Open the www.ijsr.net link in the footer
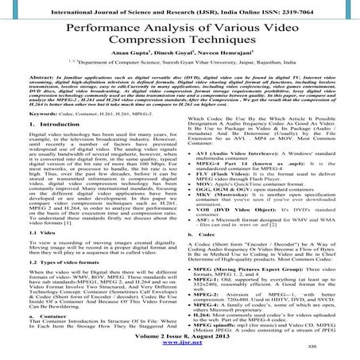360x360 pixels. click(x=180, y=352)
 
